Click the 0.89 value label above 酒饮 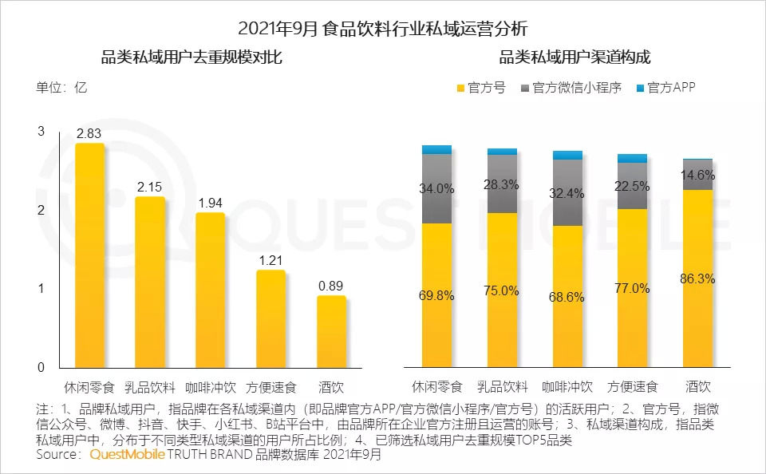point(331,286)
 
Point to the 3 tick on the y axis point(41,132)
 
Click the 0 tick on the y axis point(41,368)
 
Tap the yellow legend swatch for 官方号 point(460,88)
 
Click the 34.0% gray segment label point(436,188)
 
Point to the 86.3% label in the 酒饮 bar point(697,279)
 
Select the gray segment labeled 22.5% point(633,185)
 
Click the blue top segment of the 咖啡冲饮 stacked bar point(567,155)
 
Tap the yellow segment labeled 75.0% point(502,290)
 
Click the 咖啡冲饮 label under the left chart point(210,388)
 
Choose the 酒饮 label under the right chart point(697,388)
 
